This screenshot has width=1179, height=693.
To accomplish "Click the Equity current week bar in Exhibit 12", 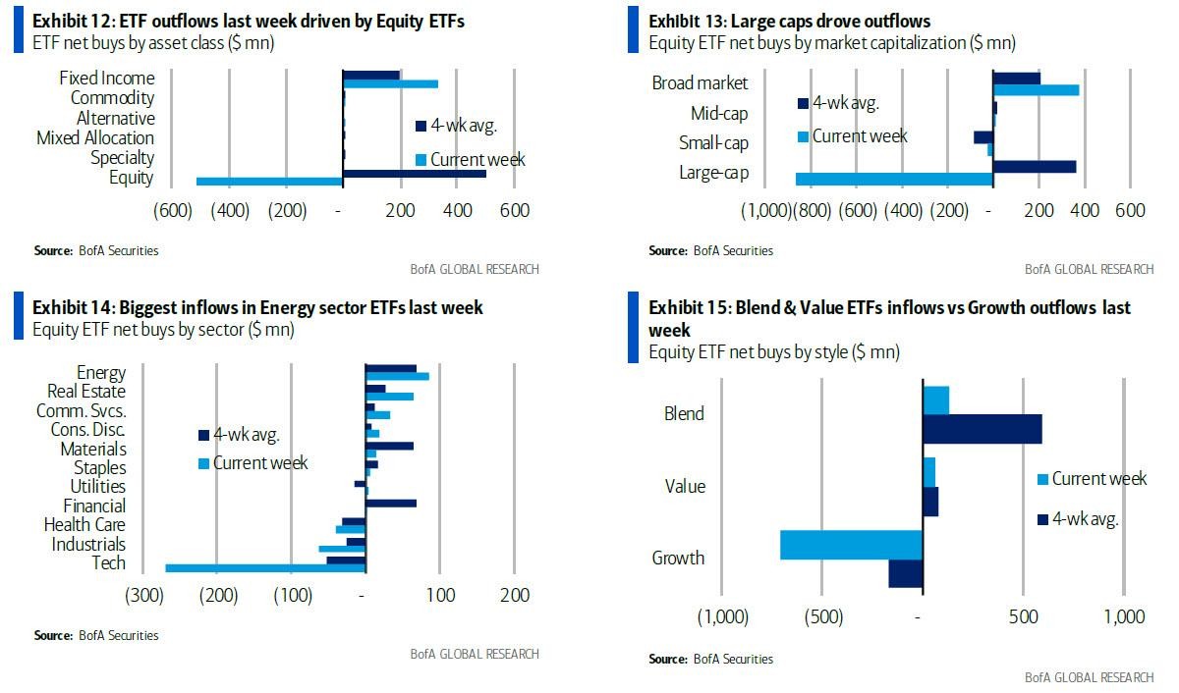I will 269,181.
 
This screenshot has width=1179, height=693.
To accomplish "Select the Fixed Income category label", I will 106,78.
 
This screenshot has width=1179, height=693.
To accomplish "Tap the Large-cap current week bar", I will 894,179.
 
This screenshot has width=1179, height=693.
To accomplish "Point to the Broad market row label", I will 700,83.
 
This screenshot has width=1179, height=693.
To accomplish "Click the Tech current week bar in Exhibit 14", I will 265,567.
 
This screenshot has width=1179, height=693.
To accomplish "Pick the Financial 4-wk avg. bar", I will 391,504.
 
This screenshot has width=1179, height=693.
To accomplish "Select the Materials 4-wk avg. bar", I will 389,446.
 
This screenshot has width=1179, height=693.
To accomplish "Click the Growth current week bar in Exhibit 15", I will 851,545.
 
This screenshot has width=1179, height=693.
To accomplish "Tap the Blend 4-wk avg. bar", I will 982,429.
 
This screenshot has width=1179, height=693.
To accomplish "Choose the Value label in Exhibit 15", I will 685,486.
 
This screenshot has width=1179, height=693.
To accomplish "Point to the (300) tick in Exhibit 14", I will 144,595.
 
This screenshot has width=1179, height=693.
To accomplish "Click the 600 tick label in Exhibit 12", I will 514,210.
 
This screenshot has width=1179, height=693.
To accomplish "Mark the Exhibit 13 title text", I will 789,21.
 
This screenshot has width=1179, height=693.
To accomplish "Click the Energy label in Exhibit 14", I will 100,372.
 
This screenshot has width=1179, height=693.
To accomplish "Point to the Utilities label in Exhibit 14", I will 97,486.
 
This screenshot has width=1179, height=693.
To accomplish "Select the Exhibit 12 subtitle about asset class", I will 153,42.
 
